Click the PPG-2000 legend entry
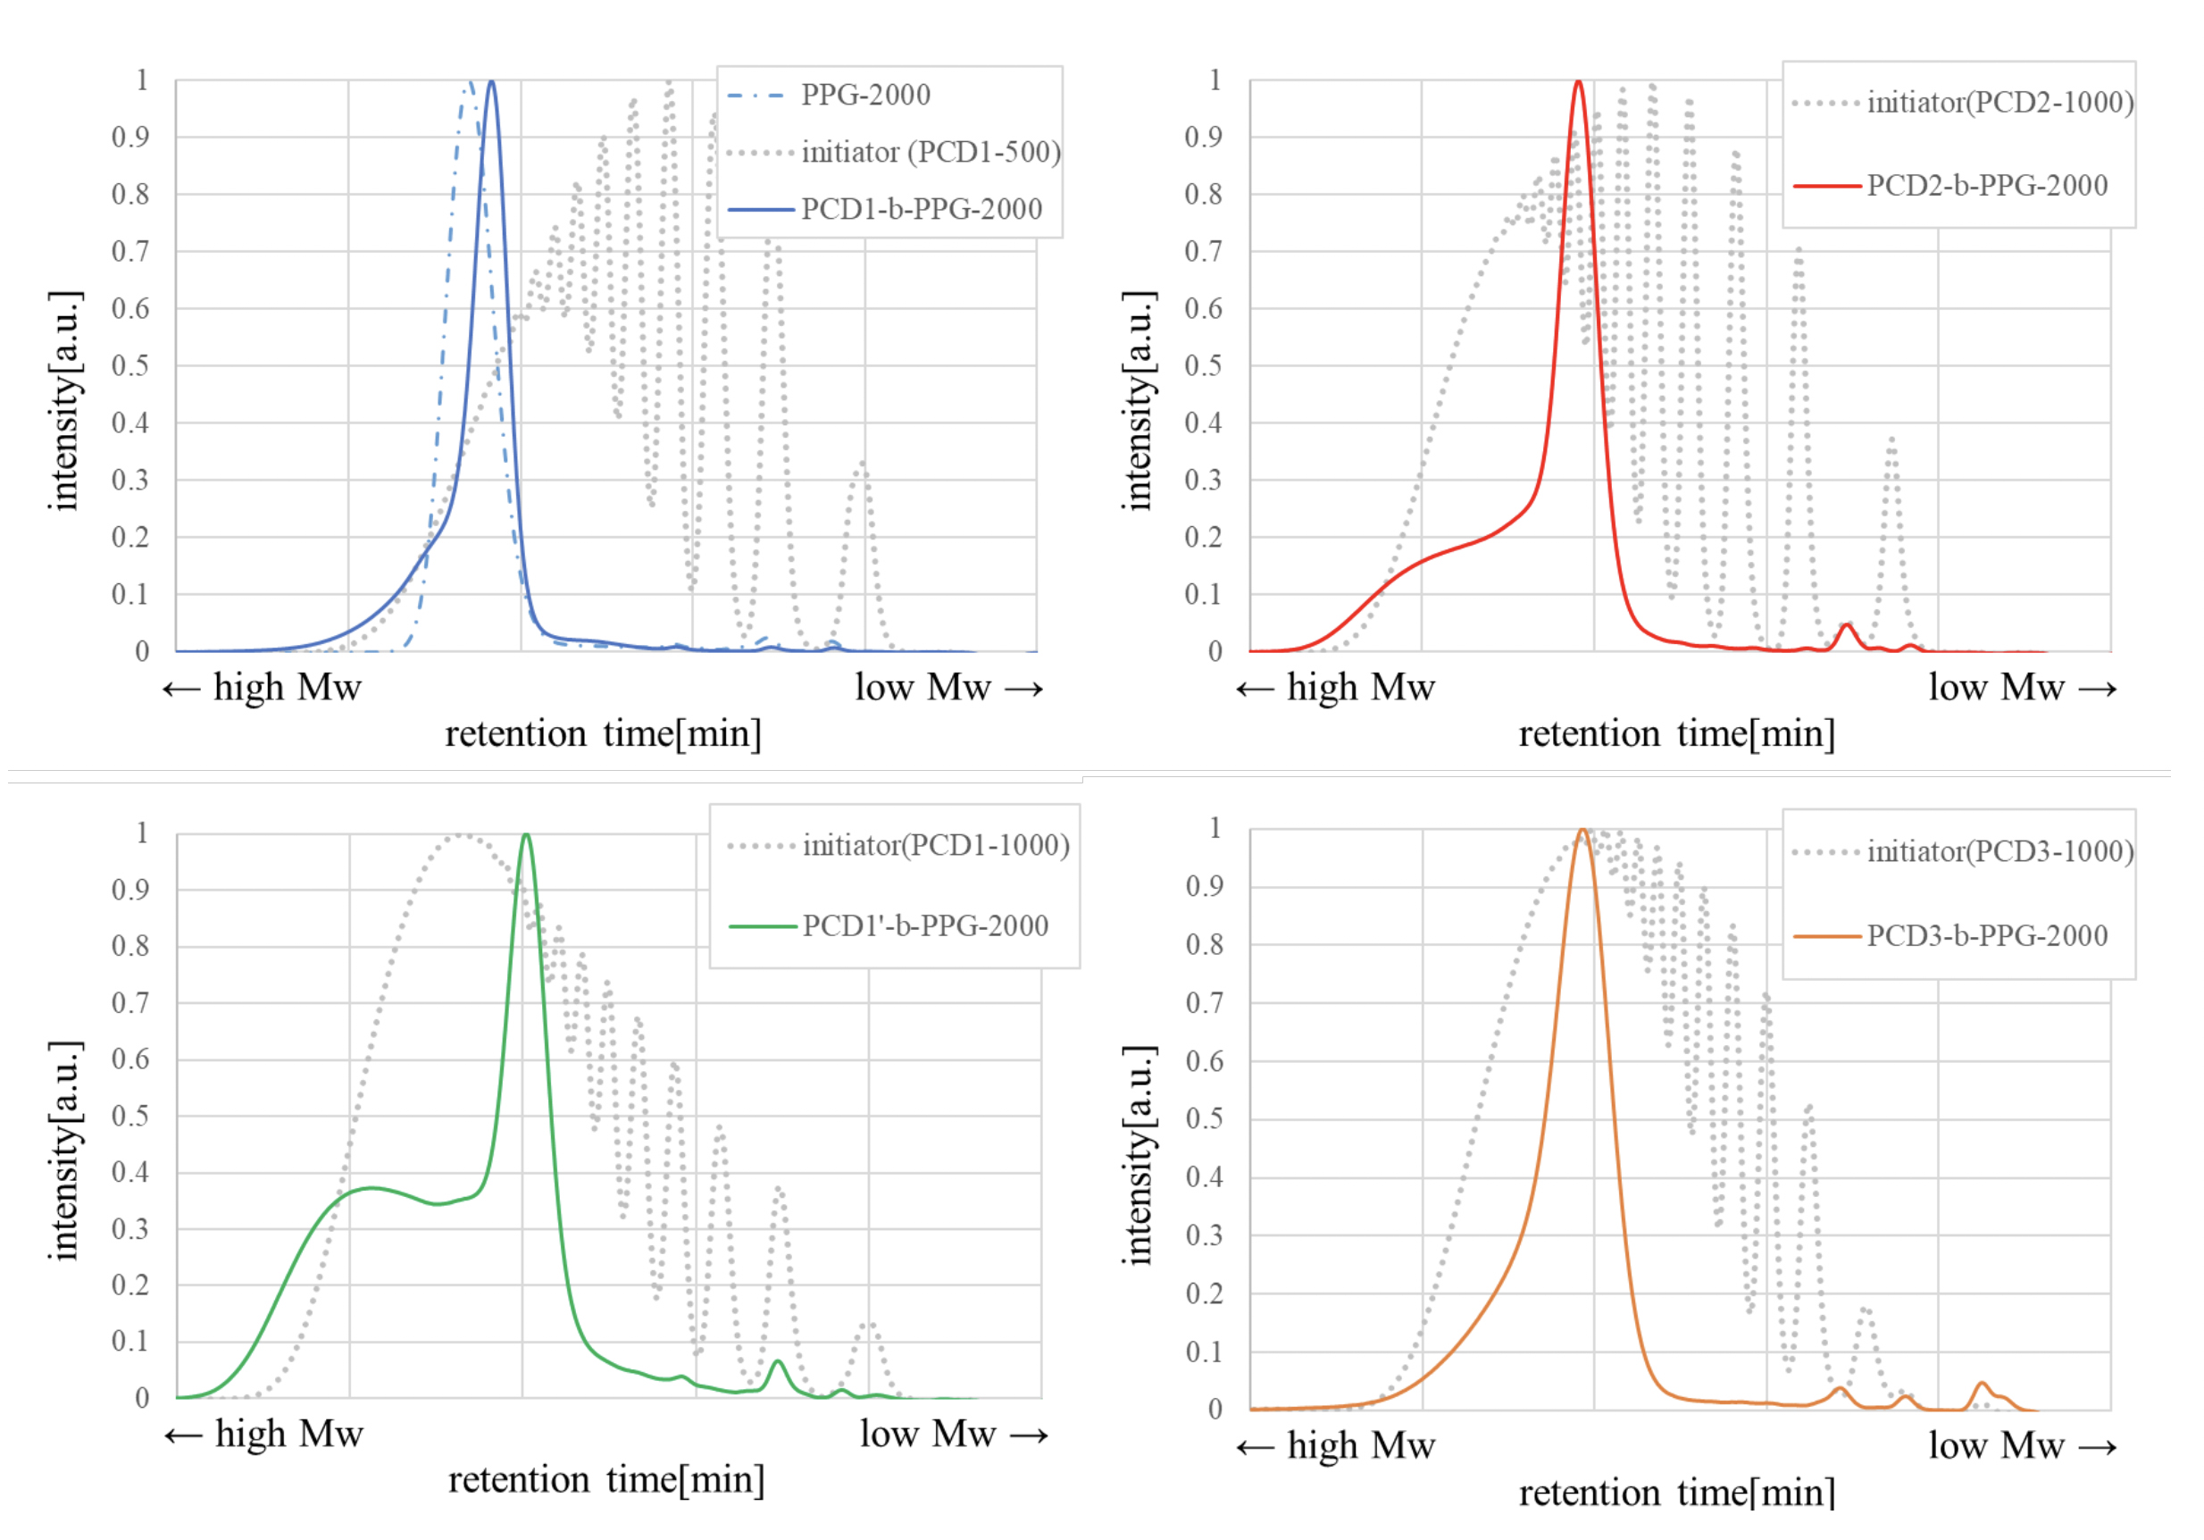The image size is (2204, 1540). click(864, 95)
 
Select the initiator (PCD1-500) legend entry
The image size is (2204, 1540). click(931, 152)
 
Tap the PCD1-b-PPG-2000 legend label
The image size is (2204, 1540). click(921, 208)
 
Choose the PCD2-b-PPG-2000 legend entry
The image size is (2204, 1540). click(1986, 185)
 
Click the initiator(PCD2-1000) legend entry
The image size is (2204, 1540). click(1999, 102)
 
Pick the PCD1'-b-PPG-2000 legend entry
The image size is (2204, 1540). click(924, 925)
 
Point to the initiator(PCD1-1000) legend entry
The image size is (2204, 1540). click(935, 845)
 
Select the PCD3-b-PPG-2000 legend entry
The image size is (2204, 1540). click(1986, 935)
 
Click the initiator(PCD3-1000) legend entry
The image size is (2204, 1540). click(1999, 850)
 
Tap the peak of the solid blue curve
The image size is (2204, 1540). click(491, 81)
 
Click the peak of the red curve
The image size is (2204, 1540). click(1578, 81)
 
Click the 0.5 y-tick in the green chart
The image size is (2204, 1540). click(129, 1116)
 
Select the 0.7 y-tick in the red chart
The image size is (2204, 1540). click(1203, 252)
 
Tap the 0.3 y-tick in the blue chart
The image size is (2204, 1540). click(129, 480)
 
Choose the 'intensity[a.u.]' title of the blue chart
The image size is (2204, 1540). click(65, 400)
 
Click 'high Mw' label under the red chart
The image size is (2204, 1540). click(1359, 688)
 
